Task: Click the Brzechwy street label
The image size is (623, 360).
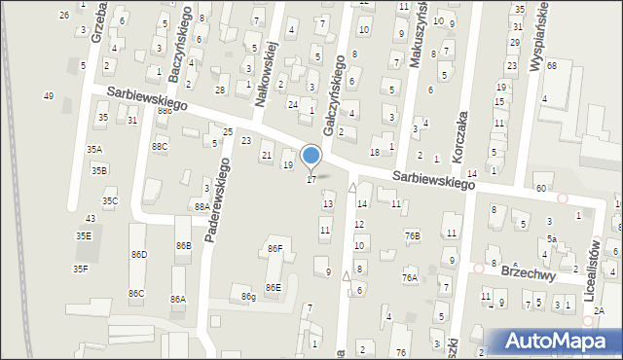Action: pyautogui.click(x=526, y=274)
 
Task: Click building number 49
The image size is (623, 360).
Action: pyautogui.click(x=48, y=95)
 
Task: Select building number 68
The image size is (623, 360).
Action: pyautogui.click(x=551, y=65)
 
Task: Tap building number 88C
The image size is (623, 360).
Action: pyautogui.click(x=160, y=146)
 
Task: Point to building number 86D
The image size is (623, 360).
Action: pyautogui.click(x=139, y=254)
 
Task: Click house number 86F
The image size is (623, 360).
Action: pyautogui.click(x=275, y=249)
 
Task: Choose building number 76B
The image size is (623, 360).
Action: pyautogui.click(x=413, y=235)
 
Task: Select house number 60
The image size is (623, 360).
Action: pyautogui.click(x=540, y=188)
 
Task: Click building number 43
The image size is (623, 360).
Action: pyautogui.click(x=91, y=218)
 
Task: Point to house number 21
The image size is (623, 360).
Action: pyautogui.click(x=266, y=156)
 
